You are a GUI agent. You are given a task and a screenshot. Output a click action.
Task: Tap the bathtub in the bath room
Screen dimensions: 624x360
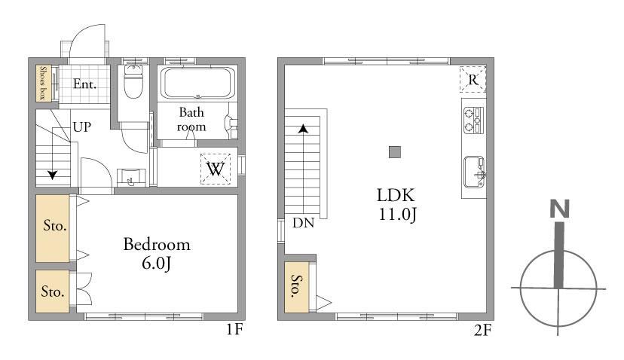(197, 83)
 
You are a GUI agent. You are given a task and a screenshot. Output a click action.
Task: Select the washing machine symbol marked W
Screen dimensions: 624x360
(216, 169)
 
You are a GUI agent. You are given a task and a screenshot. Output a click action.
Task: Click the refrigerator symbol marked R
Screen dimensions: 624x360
(473, 79)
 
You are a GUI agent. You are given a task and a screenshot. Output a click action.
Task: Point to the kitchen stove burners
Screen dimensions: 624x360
(473, 120)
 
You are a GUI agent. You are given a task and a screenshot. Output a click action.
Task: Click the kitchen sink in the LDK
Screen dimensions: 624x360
(474, 172)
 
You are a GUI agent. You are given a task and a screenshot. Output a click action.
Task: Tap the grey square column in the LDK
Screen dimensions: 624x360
(395, 152)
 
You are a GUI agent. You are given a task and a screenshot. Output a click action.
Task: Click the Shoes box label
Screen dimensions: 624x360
(42, 83)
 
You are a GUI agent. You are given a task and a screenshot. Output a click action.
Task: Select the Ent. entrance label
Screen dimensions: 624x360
(84, 84)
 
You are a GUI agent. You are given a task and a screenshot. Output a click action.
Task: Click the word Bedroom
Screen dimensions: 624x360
(157, 244)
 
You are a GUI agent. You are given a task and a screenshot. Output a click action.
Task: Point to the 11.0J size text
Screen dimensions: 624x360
(397, 215)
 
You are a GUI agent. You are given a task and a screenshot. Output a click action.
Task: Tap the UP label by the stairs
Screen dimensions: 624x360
(82, 127)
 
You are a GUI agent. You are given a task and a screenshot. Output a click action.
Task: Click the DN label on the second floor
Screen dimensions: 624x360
(303, 223)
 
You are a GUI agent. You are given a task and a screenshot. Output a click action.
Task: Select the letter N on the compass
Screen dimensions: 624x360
(559, 209)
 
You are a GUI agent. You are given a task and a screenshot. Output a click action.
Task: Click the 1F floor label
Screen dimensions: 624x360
(234, 329)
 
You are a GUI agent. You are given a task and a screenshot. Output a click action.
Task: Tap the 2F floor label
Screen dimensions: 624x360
(482, 330)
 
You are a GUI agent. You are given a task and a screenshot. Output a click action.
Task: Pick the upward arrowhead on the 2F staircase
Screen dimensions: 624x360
(304, 129)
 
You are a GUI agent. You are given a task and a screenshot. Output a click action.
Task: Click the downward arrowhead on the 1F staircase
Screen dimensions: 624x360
(53, 175)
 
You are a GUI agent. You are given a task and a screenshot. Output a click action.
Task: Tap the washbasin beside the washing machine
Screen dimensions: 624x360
(131, 178)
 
